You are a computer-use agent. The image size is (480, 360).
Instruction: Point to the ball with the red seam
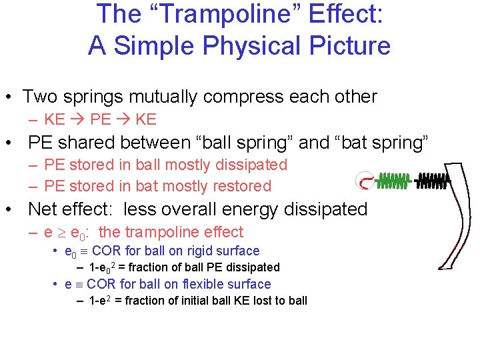[363, 180]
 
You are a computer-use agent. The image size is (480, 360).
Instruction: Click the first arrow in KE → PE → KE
[76, 120]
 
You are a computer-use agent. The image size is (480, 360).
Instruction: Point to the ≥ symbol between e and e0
[59, 233]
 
